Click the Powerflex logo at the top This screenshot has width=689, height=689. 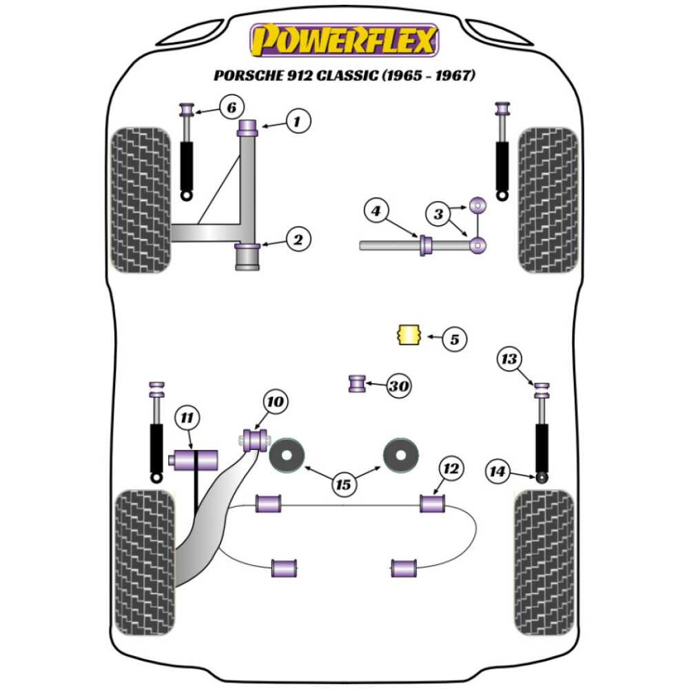coord(344,40)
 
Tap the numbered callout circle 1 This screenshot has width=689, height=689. coord(297,123)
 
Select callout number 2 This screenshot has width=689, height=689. coord(298,240)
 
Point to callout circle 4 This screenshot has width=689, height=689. coord(375,211)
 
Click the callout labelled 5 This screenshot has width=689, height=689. coord(454,338)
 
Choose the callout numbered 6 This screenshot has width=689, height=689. coord(232,107)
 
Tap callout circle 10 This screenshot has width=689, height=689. coord(275,401)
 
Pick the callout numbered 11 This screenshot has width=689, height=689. coord(187,417)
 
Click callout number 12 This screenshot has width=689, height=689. coord(451,469)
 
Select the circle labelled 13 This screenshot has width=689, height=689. coord(509,359)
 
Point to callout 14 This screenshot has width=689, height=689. coord(497,472)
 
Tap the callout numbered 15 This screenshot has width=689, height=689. coord(343,484)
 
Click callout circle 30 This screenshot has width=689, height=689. coord(398,387)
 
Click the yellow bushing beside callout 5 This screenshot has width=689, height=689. coord(409,336)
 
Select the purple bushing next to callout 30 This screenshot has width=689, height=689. coord(358,382)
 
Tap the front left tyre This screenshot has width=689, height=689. coord(141,200)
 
